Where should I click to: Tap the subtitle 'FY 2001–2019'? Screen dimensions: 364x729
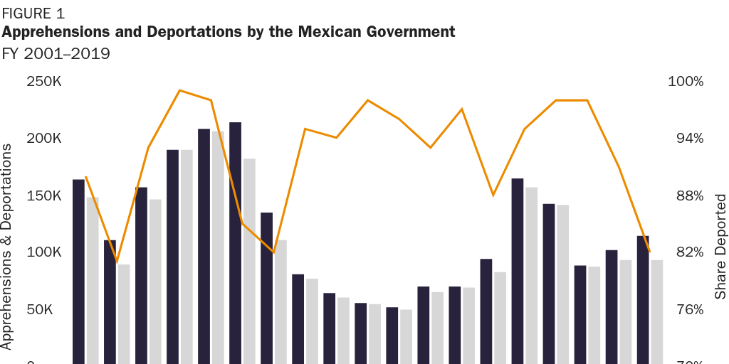[56, 54]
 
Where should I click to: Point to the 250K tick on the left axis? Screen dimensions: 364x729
[44, 82]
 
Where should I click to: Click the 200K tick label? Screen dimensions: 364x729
[44, 139]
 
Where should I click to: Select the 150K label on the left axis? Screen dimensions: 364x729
[44, 196]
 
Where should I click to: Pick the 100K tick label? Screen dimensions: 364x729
[44, 252]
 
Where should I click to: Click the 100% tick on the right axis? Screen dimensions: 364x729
[686, 82]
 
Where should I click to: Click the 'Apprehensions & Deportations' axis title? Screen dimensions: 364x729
[8, 246]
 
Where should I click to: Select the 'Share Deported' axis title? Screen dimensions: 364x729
[720, 246]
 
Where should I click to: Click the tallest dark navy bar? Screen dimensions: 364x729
[235, 242]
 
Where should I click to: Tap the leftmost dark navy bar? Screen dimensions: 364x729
[78, 270]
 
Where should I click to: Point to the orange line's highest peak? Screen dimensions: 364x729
[180, 90]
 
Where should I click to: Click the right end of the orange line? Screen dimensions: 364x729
[649, 251]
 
